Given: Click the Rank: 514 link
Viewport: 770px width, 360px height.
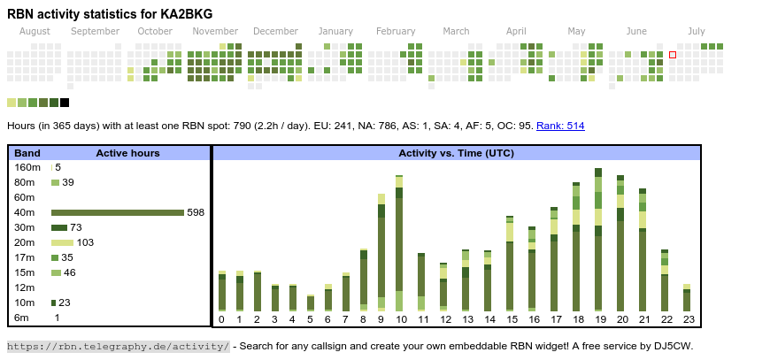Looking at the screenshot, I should (560, 126).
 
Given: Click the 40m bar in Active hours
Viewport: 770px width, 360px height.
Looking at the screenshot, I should (117, 212).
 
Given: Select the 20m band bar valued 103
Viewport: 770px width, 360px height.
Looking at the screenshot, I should (62, 242).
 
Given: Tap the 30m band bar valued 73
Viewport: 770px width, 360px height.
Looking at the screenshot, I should (59, 227).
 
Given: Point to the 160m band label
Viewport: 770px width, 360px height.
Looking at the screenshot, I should (27, 167).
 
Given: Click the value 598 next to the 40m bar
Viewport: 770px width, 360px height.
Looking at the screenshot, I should (196, 212).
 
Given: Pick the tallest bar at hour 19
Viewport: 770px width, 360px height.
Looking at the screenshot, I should (598, 239).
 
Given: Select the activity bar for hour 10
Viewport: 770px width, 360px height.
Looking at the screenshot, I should (399, 243).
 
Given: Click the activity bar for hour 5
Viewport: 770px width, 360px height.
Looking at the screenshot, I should (311, 303).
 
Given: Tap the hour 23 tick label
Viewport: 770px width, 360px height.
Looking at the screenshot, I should (687, 319).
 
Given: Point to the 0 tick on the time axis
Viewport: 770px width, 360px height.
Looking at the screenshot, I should (221, 319).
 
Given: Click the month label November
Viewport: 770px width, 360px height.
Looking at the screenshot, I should (215, 31).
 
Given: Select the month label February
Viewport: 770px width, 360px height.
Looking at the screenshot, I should (396, 31).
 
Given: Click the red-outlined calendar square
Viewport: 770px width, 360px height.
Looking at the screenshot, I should (673, 55).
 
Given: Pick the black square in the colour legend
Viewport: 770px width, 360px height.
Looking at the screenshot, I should (65, 103).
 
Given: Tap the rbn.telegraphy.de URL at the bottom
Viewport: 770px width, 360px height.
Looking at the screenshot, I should (118, 346).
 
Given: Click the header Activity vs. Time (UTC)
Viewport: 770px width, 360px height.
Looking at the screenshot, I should (456, 153).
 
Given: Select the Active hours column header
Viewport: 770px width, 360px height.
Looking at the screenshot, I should (127, 153).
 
